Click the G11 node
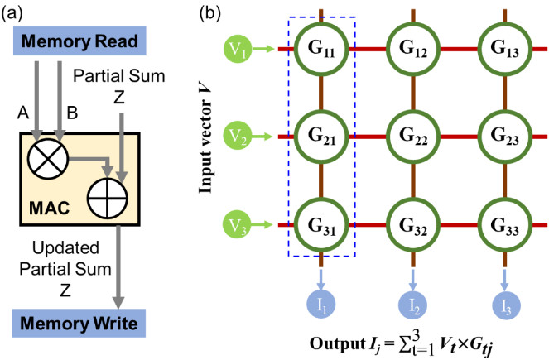pyautogui.click(x=322, y=50)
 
